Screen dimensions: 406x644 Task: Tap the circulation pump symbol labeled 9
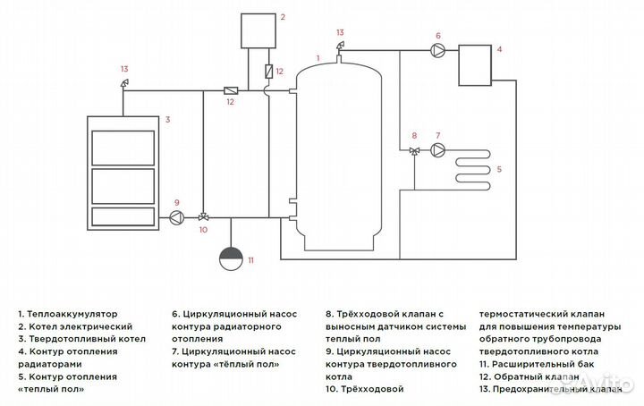pos(176,217)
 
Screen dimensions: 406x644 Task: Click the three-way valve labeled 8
pos(414,151)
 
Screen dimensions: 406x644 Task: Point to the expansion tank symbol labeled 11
pos(231,258)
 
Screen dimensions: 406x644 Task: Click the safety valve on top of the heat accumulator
pos(339,47)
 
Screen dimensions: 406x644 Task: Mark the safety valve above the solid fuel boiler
pos(124,83)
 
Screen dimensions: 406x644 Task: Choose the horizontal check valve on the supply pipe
pos(230,90)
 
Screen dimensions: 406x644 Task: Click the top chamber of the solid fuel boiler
pos(123,148)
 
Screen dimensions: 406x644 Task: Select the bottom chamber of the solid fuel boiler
pos(123,216)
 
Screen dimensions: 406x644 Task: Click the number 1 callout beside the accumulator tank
pos(318,58)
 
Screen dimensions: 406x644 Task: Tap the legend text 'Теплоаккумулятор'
pos(72,315)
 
